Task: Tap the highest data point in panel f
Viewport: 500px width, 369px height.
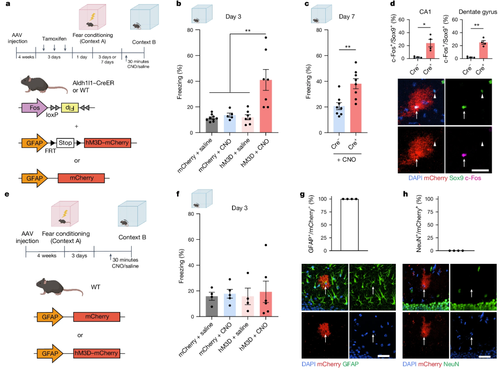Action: point(266,245)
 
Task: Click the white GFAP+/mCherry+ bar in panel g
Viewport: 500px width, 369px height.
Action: point(356,225)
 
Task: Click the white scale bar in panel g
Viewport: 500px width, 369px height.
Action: point(383,354)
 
